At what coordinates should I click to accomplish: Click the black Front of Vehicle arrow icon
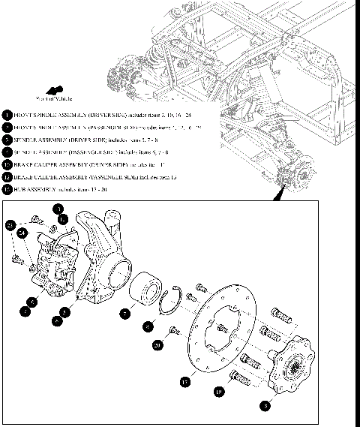pos(55,89)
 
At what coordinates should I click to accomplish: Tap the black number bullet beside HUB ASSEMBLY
pos(7,188)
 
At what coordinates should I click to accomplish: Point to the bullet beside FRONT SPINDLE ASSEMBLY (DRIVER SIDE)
pos(7,115)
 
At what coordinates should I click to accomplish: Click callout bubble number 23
pos(10,225)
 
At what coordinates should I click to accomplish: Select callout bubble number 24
pos(22,234)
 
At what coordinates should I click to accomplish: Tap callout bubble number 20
pos(157,345)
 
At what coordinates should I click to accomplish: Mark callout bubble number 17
pos(185,381)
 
